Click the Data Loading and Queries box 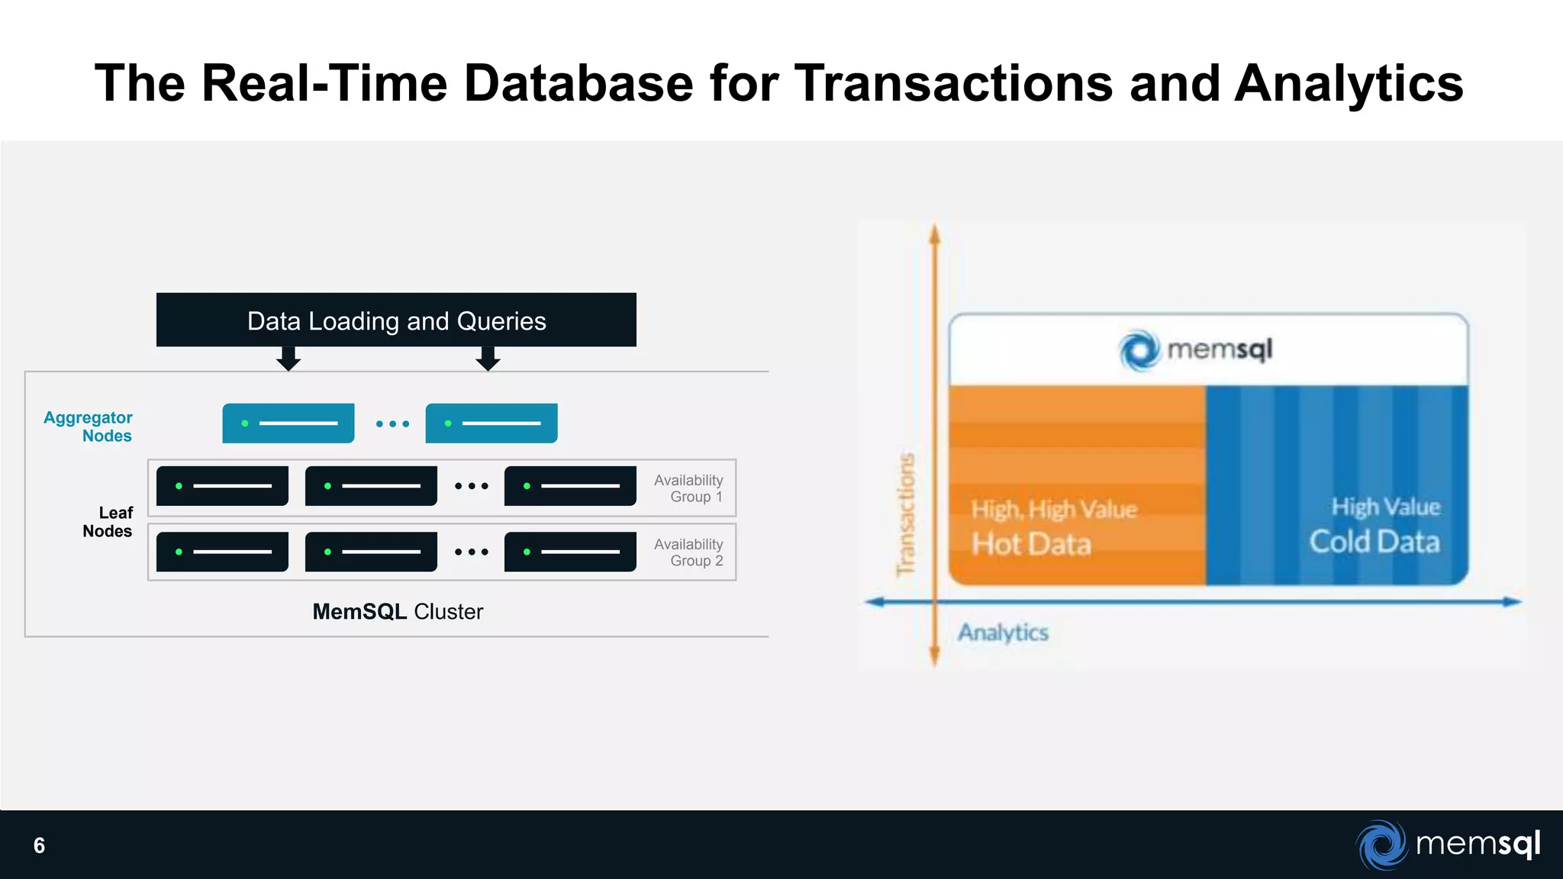396,320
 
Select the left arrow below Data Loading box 288,359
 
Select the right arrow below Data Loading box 488,359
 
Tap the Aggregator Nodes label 89,427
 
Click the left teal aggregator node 288,423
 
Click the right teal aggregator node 491,423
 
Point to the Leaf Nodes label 108,522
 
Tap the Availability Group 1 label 688,488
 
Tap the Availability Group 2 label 688,552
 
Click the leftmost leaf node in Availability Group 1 222,486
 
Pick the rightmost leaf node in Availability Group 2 570,552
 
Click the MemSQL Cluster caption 398,612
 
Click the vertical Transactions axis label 906,515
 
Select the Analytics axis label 1003,633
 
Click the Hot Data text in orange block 1031,544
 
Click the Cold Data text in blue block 1374,542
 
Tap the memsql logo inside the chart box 1196,350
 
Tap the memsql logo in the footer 1449,845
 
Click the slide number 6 40,845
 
